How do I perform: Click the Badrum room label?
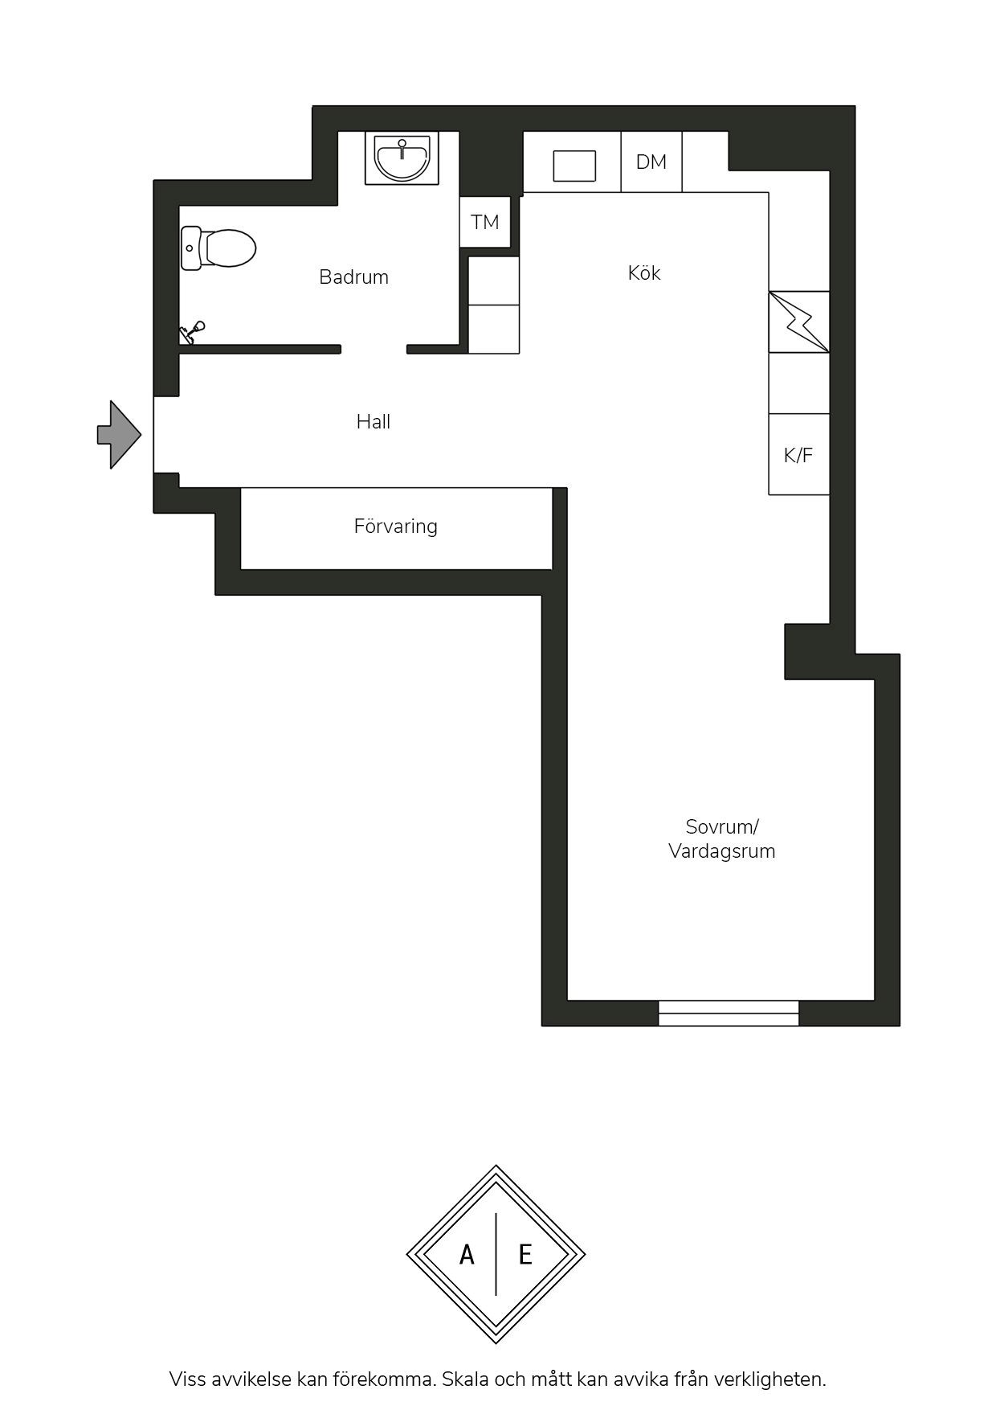coord(353,277)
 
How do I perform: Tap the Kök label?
coord(644,273)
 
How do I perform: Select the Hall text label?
coord(373,422)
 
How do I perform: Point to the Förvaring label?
coord(396,527)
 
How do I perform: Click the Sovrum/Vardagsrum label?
coord(722,839)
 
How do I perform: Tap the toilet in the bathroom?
coord(218,248)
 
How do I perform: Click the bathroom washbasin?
coord(402,158)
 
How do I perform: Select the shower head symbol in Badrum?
coord(192,333)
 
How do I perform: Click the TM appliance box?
coord(485,222)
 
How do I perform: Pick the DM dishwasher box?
coord(651,162)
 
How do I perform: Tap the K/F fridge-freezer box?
coord(798,454)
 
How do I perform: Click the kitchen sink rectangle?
coord(574,166)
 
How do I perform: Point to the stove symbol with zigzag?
coord(799,322)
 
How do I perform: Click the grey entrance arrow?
coord(119,435)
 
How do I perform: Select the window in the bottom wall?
coord(729,1013)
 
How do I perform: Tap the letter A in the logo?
coord(467,1254)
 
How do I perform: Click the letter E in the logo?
coord(525,1254)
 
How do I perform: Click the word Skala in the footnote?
coord(464,1379)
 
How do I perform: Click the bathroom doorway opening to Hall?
coord(373,350)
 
